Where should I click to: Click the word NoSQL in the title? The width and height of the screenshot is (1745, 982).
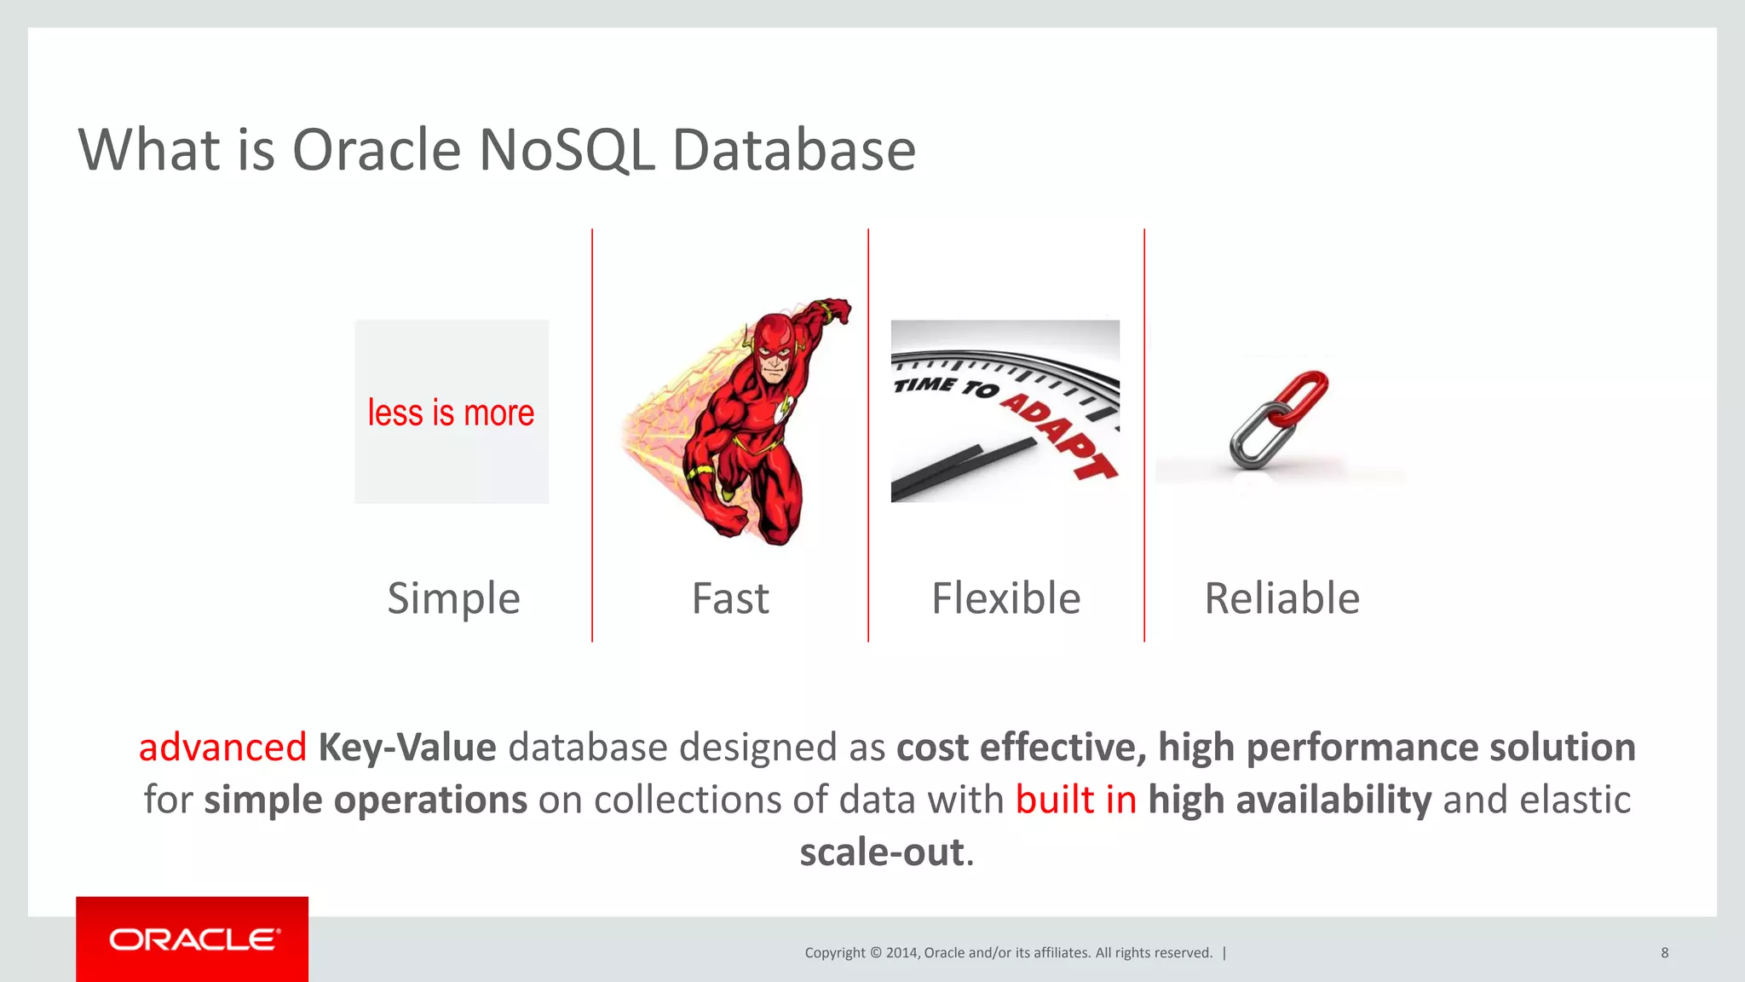pyautogui.click(x=566, y=150)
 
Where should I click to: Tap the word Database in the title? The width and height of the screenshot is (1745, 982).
pyautogui.click(x=793, y=150)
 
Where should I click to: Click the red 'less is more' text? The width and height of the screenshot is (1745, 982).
pyautogui.click(x=451, y=413)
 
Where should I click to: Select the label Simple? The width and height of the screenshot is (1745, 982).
pyautogui.click(x=453, y=598)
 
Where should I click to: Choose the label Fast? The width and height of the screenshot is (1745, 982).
pyautogui.click(x=730, y=598)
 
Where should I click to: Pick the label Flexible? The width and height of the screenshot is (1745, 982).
pyautogui.click(x=1005, y=598)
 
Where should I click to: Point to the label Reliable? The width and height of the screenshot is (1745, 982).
pyautogui.click(x=1281, y=598)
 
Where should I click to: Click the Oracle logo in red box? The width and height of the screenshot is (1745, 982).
pyautogui.click(x=193, y=939)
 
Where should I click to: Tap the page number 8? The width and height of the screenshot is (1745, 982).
pyautogui.click(x=1664, y=953)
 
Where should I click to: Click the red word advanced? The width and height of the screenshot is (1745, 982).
pyautogui.click(x=222, y=748)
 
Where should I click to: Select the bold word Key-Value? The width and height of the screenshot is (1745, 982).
pyautogui.click(x=407, y=748)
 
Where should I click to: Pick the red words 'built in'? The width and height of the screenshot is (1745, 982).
pyautogui.click(x=1075, y=800)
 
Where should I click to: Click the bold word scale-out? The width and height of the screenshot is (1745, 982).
pyautogui.click(x=881, y=852)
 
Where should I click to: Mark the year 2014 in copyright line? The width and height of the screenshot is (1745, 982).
pyautogui.click(x=901, y=953)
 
